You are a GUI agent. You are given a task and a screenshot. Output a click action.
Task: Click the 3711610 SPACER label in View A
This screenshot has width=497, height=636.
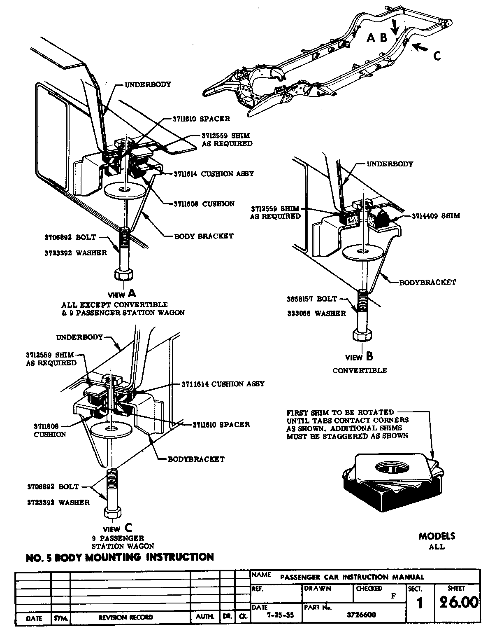pos(200,119)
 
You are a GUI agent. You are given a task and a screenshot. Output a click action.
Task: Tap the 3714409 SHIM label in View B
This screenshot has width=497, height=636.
pos(436,216)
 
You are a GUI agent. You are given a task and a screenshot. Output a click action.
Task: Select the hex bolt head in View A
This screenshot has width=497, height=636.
pos(123,275)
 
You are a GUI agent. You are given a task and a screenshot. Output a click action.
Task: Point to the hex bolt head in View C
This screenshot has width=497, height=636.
pos(112,512)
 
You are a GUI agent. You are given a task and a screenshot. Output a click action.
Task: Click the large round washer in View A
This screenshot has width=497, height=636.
pos(123,190)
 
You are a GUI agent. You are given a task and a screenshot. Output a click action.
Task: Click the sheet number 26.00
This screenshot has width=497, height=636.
pos(458,603)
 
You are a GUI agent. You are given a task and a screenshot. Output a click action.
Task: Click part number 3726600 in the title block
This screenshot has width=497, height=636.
pos(362,615)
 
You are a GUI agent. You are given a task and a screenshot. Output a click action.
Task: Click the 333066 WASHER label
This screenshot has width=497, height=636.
pos(316,313)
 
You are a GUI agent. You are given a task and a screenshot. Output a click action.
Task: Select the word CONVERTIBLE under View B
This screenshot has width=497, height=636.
pos(360,370)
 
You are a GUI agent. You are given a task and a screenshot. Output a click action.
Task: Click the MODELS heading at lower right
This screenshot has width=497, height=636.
pos(437,536)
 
